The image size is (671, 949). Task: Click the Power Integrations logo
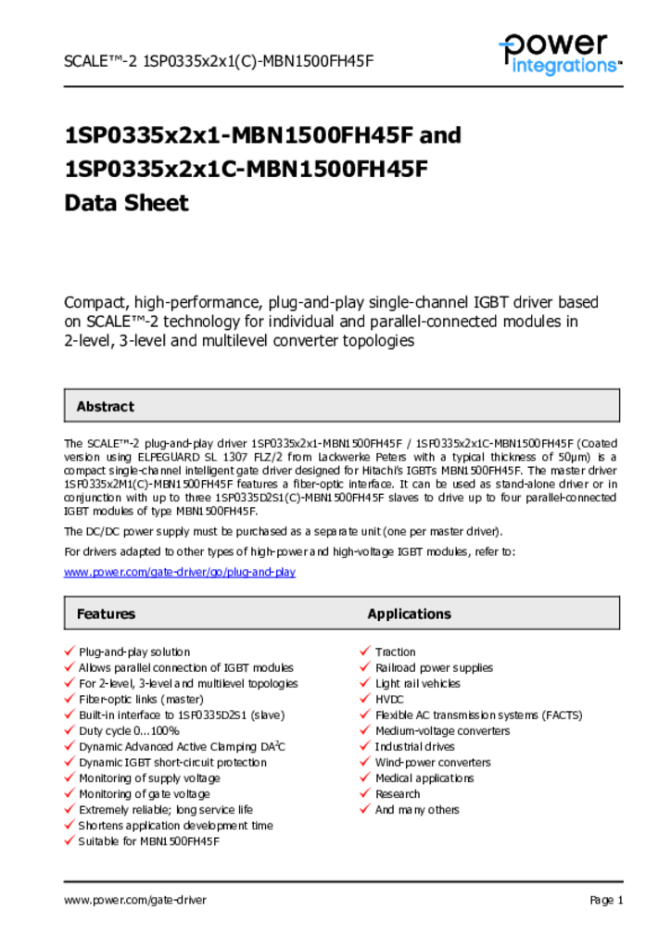click(x=560, y=53)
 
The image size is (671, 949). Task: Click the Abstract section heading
click(x=105, y=406)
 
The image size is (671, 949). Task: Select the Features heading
click(x=106, y=614)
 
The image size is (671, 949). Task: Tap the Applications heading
click(x=409, y=614)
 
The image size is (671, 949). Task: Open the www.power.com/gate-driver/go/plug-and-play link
click(x=179, y=572)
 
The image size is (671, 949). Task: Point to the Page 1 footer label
click(x=606, y=900)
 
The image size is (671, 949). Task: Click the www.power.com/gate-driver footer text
click(x=135, y=900)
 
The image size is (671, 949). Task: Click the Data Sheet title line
click(x=126, y=203)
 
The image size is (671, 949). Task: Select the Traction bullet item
click(x=395, y=652)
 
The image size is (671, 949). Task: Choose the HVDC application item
click(x=390, y=700)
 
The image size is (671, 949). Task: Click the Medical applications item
click(x=424, y=778)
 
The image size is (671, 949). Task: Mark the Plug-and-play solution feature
click(x=134, y=652)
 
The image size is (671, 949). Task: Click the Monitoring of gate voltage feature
click(x=144, y=794)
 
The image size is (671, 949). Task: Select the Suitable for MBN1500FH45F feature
click(x=148, y=841)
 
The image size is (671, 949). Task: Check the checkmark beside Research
click(x=366, y=794)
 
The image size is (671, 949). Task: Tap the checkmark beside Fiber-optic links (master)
click(x=70, y=700)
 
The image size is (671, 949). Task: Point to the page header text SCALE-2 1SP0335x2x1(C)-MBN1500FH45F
click(x=218, y=61)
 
